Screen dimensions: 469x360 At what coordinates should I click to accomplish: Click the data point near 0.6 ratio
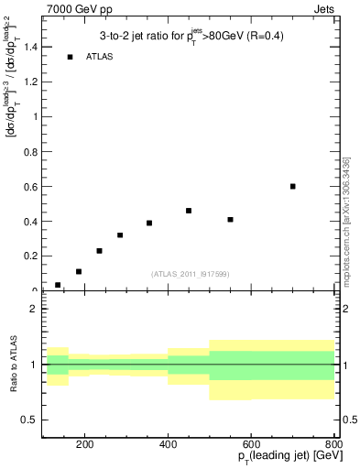click(x=293, y=186)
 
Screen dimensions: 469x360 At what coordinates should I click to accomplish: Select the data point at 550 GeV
click(x=230, y=220)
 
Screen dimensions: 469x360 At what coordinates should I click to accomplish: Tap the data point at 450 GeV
click(x=189, y=211)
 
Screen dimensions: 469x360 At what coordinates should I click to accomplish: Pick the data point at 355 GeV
click(x=149, y=223)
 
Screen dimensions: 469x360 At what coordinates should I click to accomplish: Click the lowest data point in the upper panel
click(x=58, y=285)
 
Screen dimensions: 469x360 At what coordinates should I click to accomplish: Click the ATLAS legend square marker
click(x=70, y=57)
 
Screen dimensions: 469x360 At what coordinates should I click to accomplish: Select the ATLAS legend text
click(x=99, y=57)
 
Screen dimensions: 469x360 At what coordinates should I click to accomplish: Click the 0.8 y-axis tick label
click(x=29, y=151)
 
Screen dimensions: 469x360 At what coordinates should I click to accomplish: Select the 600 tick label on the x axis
click(x=251, y=445)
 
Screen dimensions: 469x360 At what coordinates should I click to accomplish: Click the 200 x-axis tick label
click(x=84, y=445)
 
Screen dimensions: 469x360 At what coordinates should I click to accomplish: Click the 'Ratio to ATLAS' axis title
click(x=13, y=365)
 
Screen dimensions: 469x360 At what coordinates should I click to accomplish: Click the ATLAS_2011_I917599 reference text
click(x=190, y=274)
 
